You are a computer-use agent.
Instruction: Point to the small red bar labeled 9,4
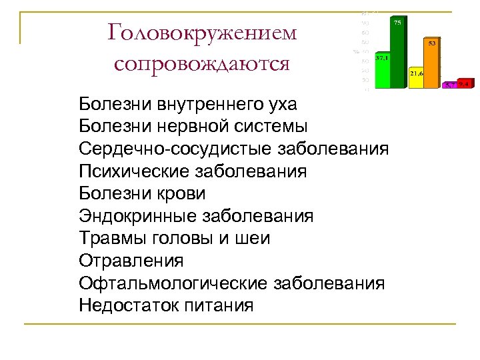click(465, 84)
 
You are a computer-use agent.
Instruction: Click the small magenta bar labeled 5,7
click(451, 85)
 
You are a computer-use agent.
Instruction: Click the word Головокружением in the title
click(202, 33)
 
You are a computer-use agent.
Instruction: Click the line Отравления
click(131, 261)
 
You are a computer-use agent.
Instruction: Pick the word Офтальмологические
click(173, 283)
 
